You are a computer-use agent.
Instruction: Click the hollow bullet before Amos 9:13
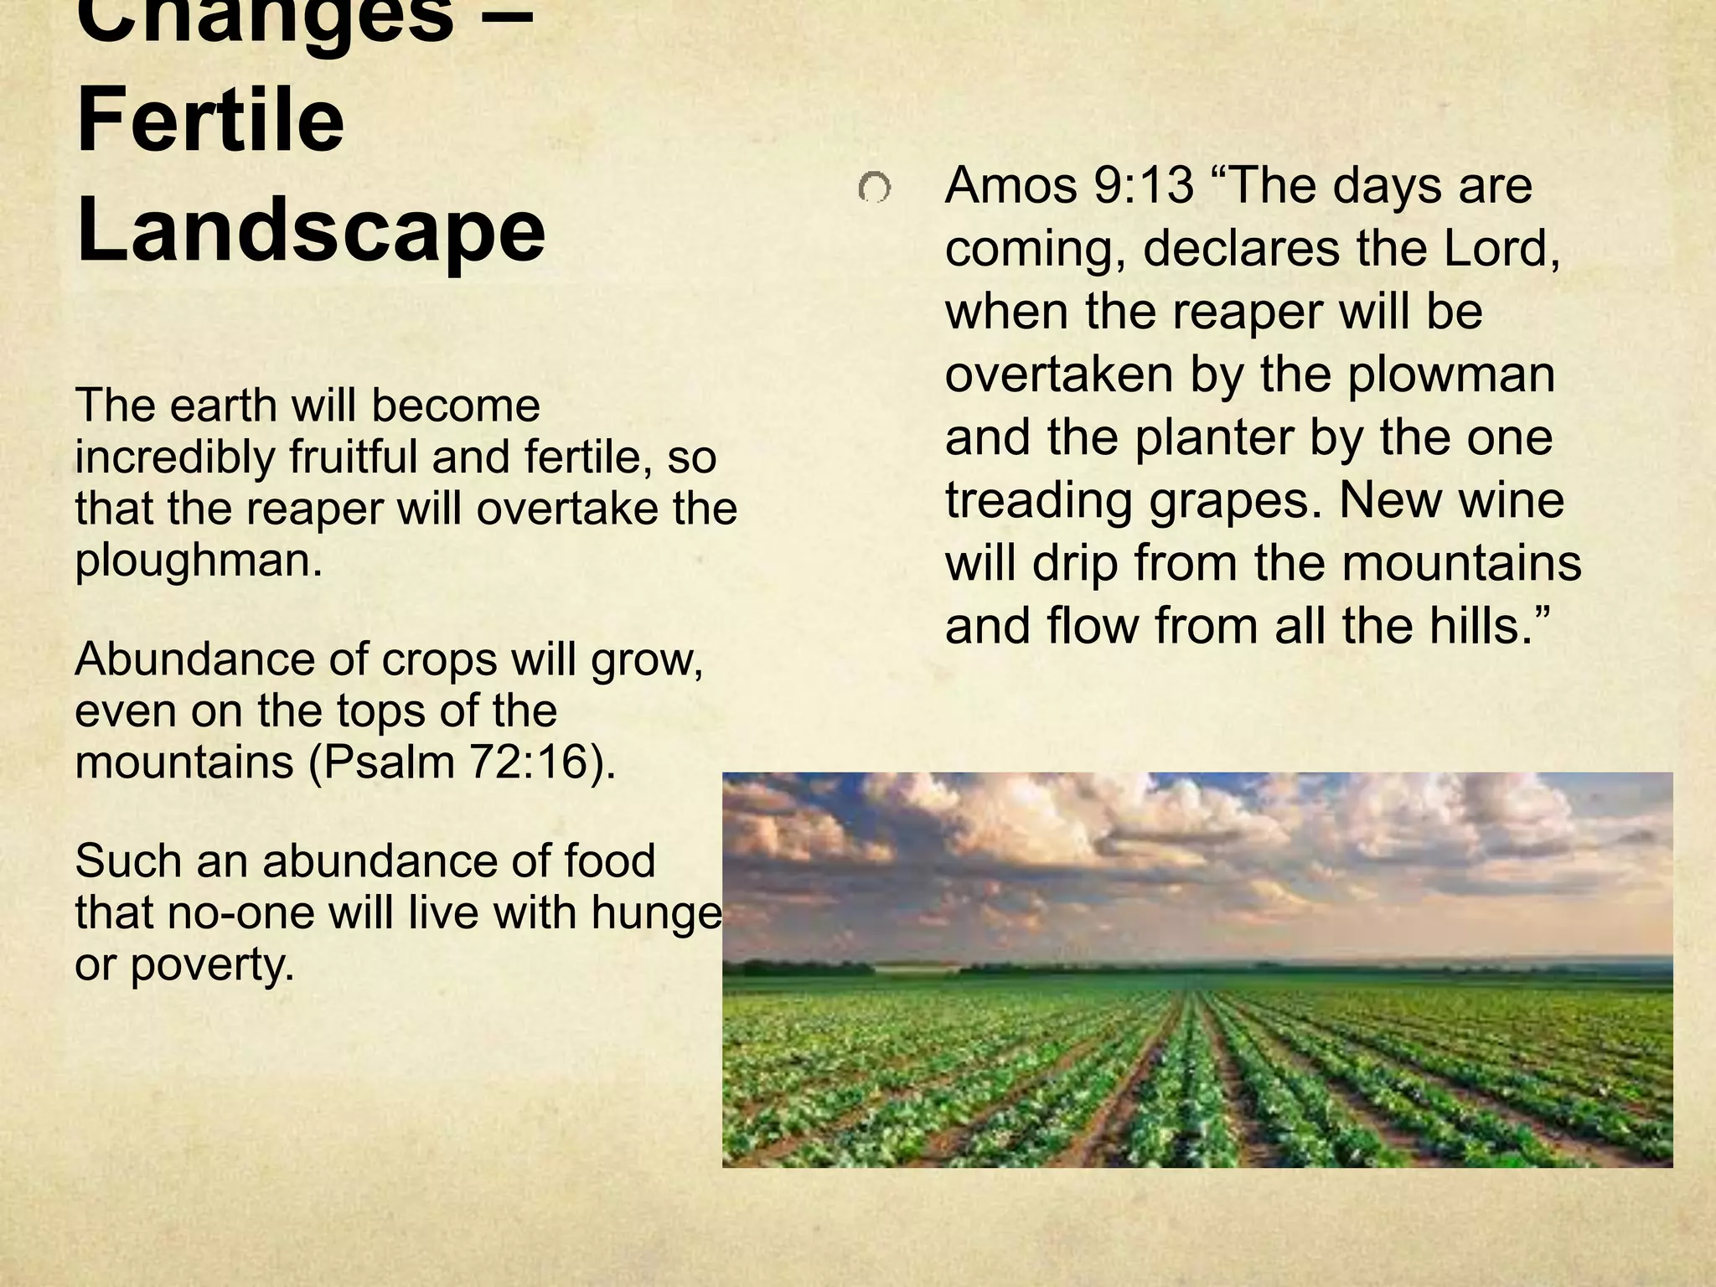[x=874, y=189]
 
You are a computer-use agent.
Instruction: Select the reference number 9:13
[x=1144, y=185]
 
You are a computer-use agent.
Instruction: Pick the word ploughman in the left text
[x=199, y=561]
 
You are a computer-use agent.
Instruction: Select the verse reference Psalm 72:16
[x=461, y=762]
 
